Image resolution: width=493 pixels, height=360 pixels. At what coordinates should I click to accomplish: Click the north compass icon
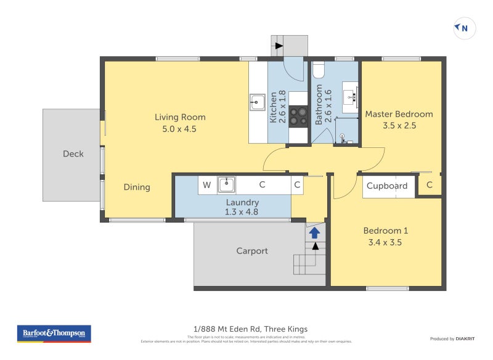coord(465,28)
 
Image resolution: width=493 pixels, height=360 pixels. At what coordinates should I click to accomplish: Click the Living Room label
coord(180,117)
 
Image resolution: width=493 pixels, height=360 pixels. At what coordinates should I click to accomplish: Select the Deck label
coord(73,154)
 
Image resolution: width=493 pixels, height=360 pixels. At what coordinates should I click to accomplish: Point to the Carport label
coord(252,251)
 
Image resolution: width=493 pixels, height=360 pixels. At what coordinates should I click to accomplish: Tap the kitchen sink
coord(257,102)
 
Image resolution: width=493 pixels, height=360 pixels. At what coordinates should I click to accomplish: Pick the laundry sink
coord(226,184)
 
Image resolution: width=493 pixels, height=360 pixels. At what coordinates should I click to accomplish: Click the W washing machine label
coord(207,184)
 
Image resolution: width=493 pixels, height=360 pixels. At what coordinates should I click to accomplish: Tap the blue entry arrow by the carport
coord(314,232)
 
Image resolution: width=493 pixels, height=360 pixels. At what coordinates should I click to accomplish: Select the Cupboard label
coord(387,186)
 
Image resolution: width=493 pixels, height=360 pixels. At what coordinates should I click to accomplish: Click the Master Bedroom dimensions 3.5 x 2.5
coord(399,125)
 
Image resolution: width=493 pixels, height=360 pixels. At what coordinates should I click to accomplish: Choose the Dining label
coord(137,187)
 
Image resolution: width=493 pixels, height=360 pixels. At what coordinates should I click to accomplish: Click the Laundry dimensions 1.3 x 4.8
coord(242,211)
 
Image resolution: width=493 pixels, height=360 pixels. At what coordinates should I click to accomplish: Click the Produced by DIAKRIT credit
coord(451,338)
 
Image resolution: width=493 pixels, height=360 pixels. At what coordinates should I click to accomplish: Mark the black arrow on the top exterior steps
coord(279,46)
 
